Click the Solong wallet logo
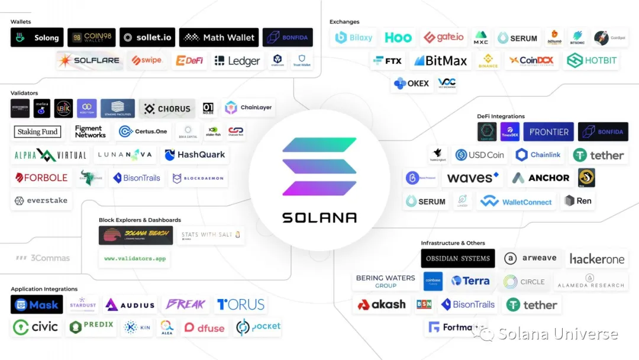click(37, 37)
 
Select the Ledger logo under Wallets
click(237, 60)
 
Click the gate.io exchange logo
click(443, 37)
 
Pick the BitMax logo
click(440, 60)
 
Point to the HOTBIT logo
click(592, 60)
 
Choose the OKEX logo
click(412, 83)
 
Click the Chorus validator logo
click(167, 108)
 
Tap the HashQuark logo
click(195, 155)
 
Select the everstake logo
click(41, 201)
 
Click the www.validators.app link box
click(134, 259)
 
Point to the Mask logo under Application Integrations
click(37, 305)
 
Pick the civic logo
click(37, 327)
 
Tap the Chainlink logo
click(538, 155)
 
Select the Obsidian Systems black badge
click(458, 258)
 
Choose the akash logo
click(382, 305)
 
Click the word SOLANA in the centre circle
click(319, 217)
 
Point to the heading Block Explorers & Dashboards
click(140, 220)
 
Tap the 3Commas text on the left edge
click(43, 258)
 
